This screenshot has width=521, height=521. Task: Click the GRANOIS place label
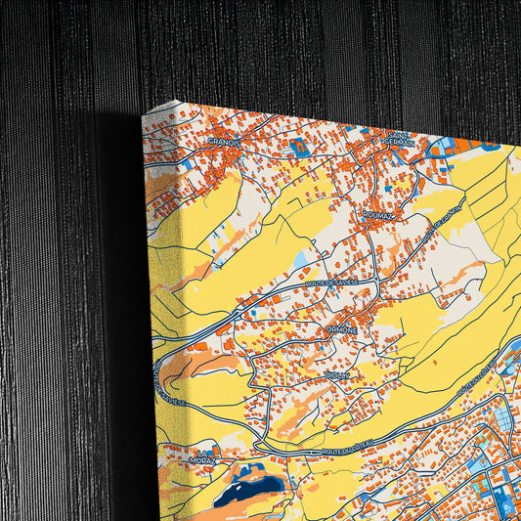tap(224, 141)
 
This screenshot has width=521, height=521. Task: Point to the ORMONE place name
tap(343, 330)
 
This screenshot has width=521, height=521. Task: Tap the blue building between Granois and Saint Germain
tap(297, 149)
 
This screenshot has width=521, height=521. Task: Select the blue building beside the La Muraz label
tap(216, 449)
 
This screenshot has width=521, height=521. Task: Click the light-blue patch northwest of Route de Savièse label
tap(299, 259)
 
